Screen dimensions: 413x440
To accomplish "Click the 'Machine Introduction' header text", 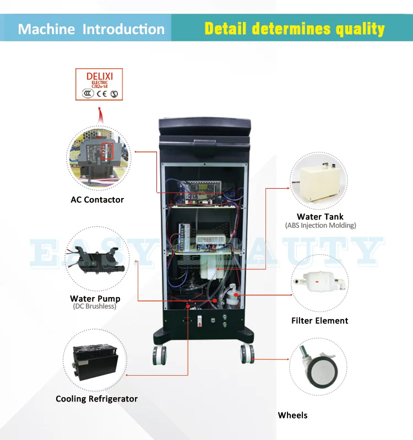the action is tap(91, 29).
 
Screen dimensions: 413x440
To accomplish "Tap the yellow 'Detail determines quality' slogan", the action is tap(295, 29).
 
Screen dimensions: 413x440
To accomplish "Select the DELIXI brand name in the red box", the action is tap(99, 75).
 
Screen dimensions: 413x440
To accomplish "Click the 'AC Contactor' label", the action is tap(97, 200).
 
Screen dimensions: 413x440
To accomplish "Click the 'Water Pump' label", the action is tap(95, 299).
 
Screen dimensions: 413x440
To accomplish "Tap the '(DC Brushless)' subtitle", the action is tap(95, 306).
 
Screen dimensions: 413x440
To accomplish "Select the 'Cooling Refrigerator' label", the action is tap(96, 399).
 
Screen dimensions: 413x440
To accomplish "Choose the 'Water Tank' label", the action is tap(320, 217).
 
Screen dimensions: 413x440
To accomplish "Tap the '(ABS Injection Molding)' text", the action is tap(320, 226).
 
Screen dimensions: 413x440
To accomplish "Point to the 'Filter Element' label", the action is tap(319, 321).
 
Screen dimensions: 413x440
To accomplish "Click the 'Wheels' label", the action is tap(292, 415).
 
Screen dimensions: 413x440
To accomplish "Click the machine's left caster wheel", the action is tap(159, 355).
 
